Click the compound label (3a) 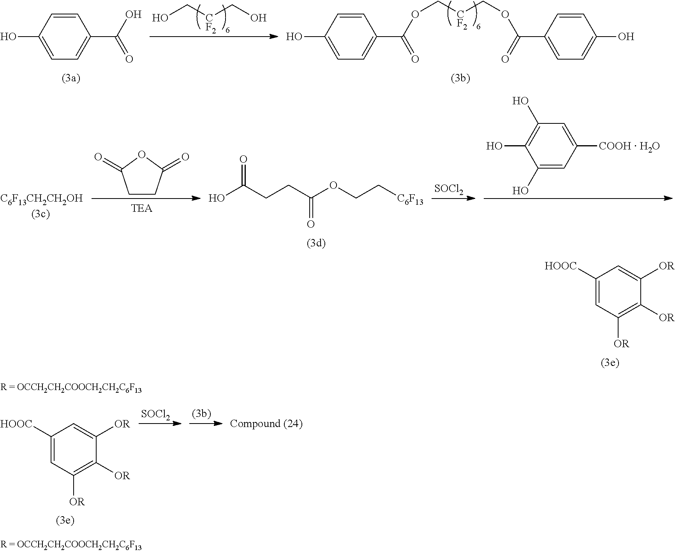tap(71, 78)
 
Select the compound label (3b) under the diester tap(460, 78)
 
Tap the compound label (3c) tap(41, 214)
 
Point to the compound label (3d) tap(316, 244)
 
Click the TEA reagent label tap(142, 209)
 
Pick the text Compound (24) tap(266, 424)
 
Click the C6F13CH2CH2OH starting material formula tap(41, 199)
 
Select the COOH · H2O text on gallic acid tap(629, 146)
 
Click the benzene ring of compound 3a tap(65, 37)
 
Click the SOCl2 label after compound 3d tap(449, 189)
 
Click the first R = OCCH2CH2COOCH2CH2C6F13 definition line tap(71, 389)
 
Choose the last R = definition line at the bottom tap(71, 544)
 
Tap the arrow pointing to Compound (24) tap(205, 424)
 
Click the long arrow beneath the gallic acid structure tap(578, 199)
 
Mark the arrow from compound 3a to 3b tap(214, 37)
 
